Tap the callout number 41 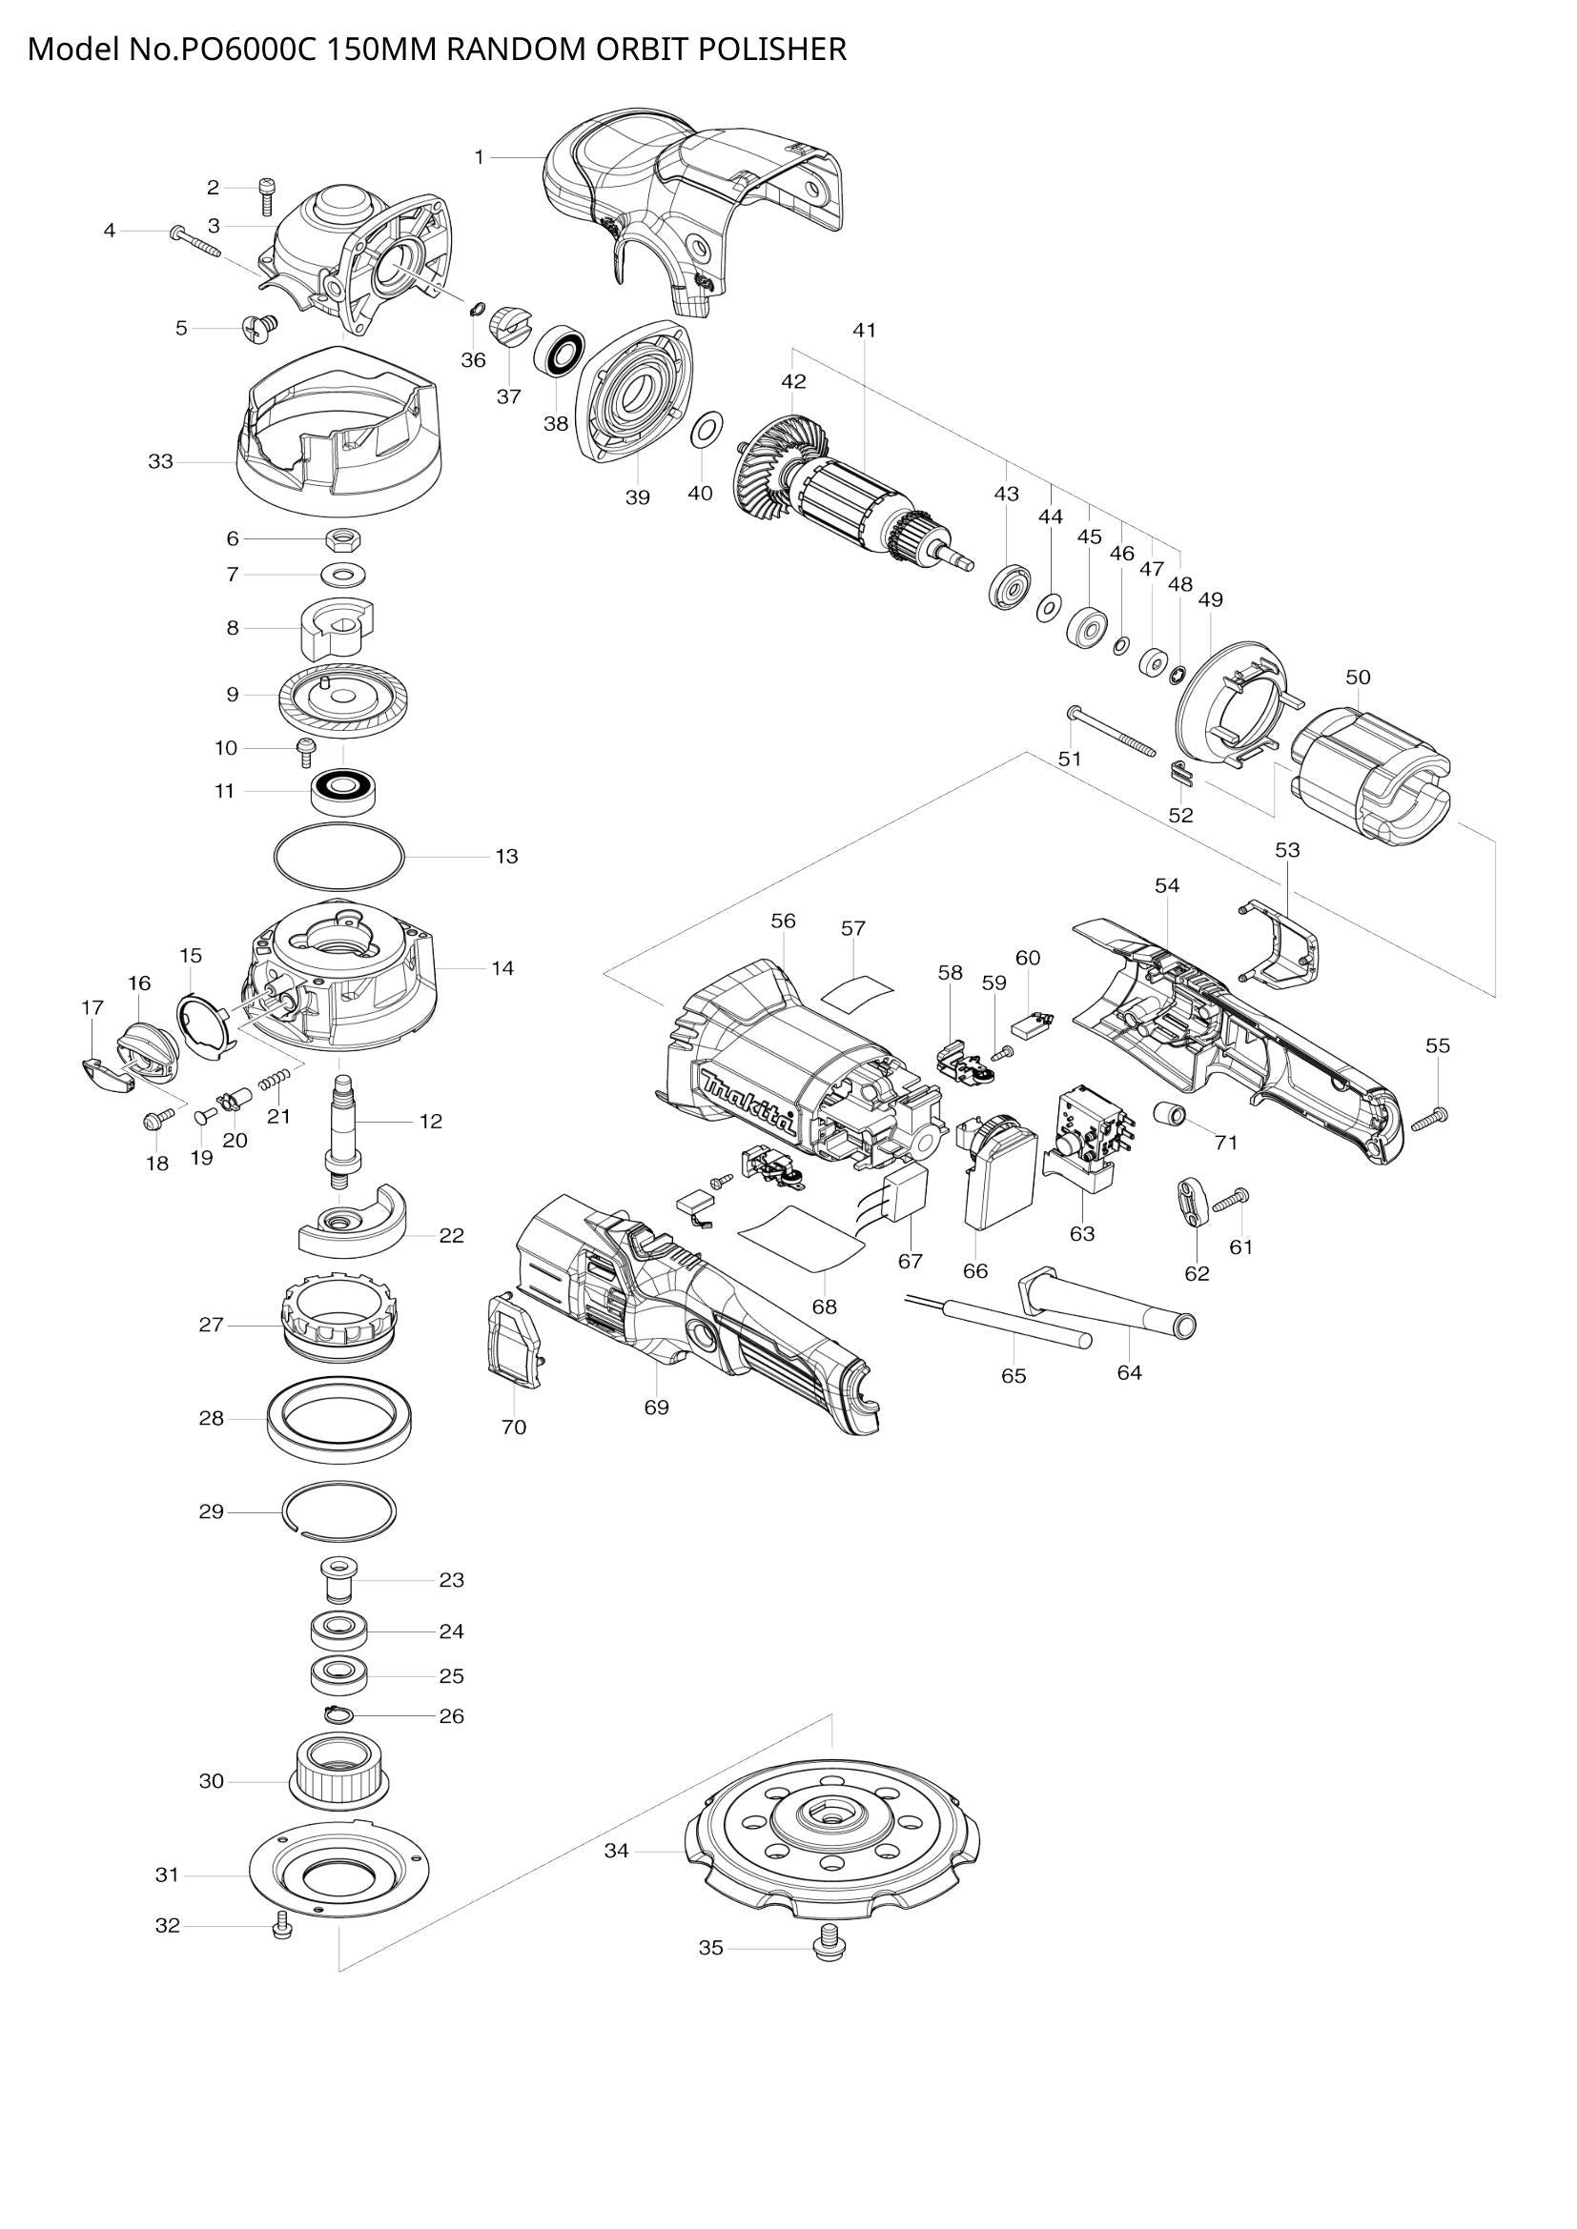tap(864, 330)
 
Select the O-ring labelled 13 tap(338, 858)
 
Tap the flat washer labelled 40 tap(704, 429)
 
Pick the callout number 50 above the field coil tap(1358, 677)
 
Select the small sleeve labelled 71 tap(1169, 1113)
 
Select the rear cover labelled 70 tap(513, 1339)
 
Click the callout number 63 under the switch tap(1082, 1233)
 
